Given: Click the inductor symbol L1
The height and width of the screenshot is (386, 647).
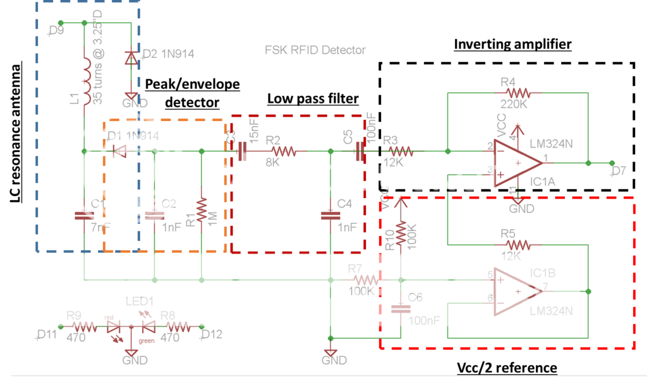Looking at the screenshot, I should coord(84,79).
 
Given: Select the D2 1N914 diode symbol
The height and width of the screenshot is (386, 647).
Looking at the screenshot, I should coord(130,59).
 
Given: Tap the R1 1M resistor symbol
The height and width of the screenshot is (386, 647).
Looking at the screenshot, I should coord(201,211).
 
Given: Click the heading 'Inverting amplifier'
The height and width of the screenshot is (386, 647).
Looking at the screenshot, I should coord(512,44).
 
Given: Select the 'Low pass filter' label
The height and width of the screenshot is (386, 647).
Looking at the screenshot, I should coord(313,98).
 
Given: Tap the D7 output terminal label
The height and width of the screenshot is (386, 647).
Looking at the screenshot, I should coord(619,171).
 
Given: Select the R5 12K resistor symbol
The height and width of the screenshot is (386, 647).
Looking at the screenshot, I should coord(517,245).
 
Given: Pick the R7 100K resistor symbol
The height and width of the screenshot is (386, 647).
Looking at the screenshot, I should coord(365,279).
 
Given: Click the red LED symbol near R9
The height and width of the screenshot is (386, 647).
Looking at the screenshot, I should coord(114,328).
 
